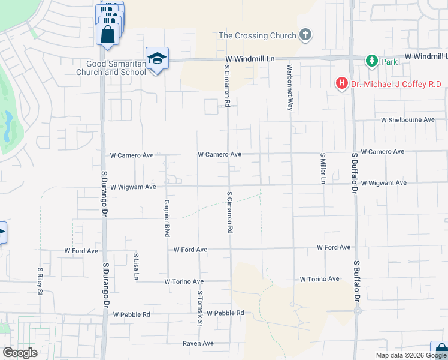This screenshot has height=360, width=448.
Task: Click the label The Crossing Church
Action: [258, 35]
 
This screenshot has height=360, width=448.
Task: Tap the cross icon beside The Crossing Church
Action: [305, 35]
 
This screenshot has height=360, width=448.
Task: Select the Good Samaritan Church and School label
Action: [111, 68]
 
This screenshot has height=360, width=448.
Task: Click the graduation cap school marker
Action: [157, 58]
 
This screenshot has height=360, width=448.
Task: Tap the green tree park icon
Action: [372, 61]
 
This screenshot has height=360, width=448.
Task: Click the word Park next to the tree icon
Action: [390, 62]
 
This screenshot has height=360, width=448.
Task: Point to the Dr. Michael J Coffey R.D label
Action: [396, 84]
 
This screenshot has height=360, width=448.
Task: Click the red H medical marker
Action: [342, 83]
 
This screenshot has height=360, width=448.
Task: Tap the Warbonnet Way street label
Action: [289, 88]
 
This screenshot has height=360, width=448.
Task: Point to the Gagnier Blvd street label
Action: [168, 218]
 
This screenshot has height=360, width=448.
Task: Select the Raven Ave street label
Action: [198, 343]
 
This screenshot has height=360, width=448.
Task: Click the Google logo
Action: [20, 353]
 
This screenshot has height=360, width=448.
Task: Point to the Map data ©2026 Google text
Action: [411, 355]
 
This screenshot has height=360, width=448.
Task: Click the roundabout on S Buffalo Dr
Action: [358, 311]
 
